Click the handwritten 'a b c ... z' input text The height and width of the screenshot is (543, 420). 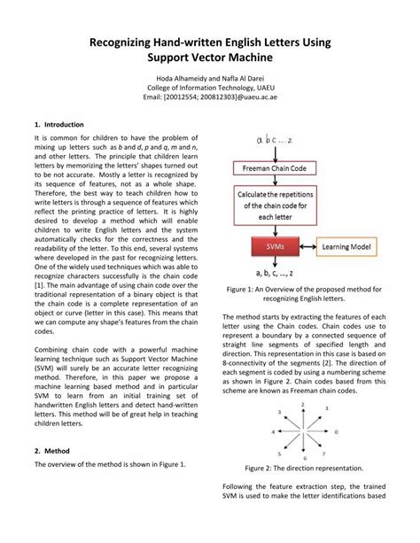(x=277, y=140)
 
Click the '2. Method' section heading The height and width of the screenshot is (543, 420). (x=52, y=451)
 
